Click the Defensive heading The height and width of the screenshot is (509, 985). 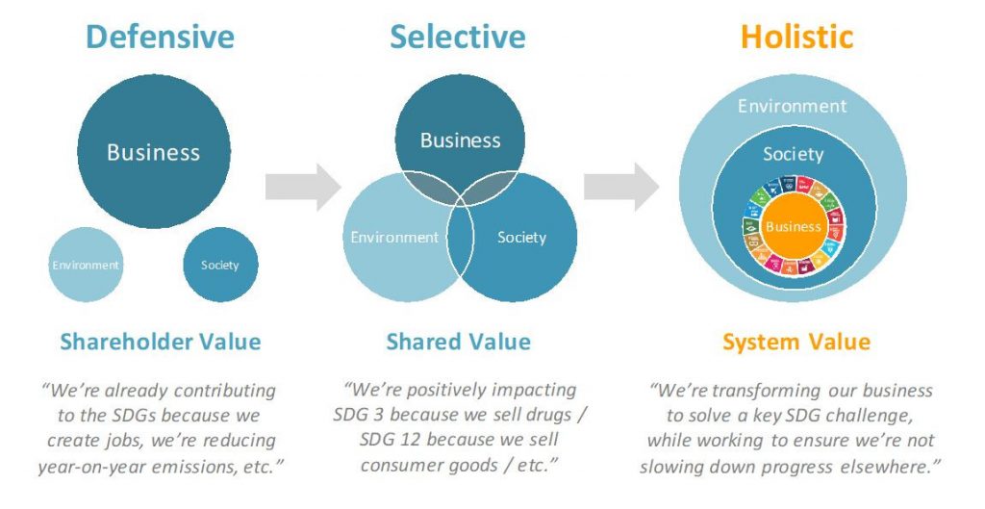click(x=160, y=37)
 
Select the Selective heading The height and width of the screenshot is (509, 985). click(x=457, y=37)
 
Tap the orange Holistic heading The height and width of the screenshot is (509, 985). click(x=796, y=37)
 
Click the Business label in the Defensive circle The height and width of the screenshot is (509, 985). click(x=153, y=152)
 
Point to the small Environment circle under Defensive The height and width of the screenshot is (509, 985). click(x=86, y=265)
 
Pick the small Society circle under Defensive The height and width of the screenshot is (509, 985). click(x=220, y=265)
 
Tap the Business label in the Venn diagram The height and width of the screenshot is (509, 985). click(x=461, y=140)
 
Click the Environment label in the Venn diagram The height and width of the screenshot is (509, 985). click(x=394, y=237)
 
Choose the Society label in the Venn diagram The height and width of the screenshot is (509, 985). click(x=521, y=237)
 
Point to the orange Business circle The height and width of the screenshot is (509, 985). click(x=794, y=227)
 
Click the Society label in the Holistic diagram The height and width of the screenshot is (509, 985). click(x=794, y=154)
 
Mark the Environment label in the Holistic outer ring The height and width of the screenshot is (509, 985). click(x=793, y=106)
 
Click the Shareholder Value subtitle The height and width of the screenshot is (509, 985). click(x=161, y=342)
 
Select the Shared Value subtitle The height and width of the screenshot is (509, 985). click(x=458, y=342)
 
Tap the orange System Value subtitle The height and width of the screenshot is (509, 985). click(x=796, y=342)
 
